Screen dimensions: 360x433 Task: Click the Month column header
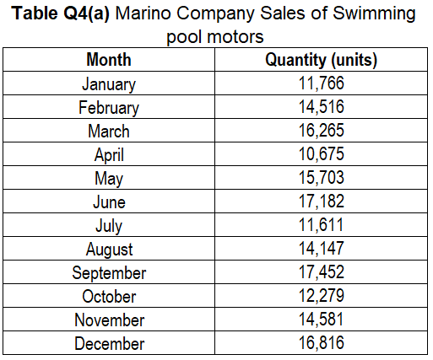(108, 61)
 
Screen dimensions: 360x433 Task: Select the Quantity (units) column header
(321, 61)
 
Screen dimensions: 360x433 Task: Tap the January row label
(108, 84)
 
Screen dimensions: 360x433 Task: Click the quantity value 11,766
(321, 84)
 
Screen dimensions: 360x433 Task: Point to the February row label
(108, 108)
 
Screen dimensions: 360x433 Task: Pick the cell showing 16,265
(321, 132)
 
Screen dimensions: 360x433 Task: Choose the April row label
(108, 155)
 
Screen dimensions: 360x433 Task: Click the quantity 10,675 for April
(321, 155)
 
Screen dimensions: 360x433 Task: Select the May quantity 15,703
(321, 179)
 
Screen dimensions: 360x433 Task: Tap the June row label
(108, 202)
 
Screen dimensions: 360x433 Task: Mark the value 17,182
(321, 202)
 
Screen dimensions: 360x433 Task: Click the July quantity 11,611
(321, 226)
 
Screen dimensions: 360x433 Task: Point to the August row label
(108, 250)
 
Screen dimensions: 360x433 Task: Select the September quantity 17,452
(321, 273)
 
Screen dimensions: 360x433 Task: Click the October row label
(108, 297)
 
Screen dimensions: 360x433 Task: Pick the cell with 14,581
(321, 320)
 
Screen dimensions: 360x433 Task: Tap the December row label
(108, 344)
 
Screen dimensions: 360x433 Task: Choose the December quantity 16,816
(321, 344)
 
